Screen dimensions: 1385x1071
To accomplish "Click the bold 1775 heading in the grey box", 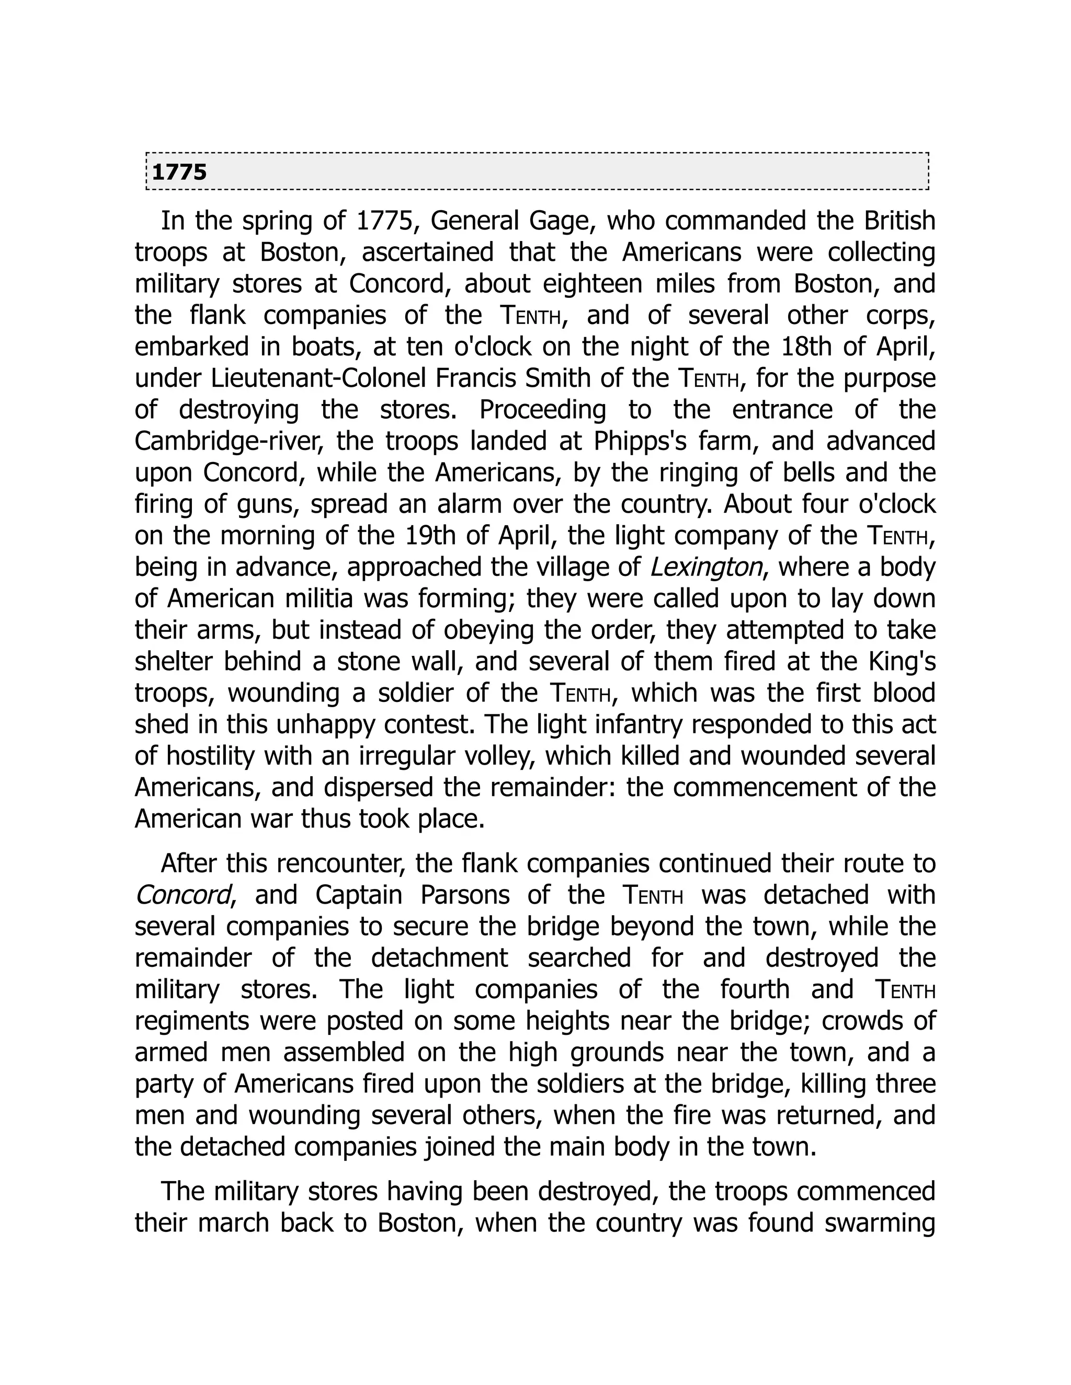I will [179, 172].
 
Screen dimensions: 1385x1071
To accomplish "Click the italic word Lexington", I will [705, 567].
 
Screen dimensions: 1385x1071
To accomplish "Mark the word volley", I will [492, 756].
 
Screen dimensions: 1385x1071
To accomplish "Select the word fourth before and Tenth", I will [754, 989].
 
